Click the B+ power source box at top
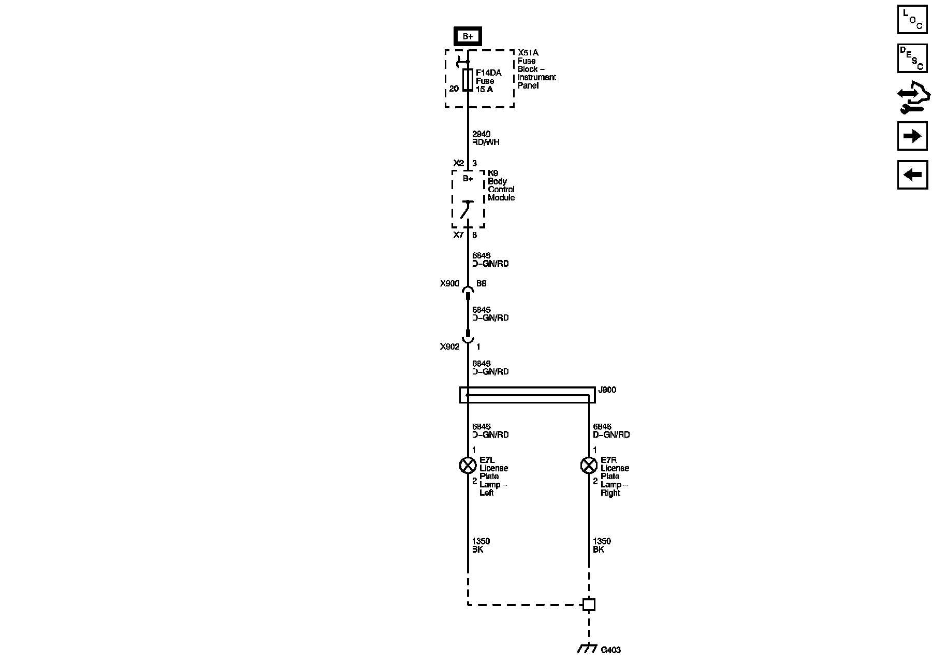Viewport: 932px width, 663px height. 468,36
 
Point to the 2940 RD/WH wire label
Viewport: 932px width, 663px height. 486,138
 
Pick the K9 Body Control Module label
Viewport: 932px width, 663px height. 501,185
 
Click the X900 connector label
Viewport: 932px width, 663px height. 449,284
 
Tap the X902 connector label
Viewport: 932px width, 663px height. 449,347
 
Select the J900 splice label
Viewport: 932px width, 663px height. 607,390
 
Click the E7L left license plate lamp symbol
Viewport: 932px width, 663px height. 468,466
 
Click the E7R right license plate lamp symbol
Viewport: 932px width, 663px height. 589,466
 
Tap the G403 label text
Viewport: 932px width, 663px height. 610,650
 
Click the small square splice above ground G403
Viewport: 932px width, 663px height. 589,604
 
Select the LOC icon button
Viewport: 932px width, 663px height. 912,19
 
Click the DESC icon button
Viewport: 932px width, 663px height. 912,58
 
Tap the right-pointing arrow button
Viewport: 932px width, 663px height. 912,136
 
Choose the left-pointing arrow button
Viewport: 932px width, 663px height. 912,175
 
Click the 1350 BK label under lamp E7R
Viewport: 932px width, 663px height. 602,545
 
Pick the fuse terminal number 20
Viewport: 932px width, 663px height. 454,89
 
